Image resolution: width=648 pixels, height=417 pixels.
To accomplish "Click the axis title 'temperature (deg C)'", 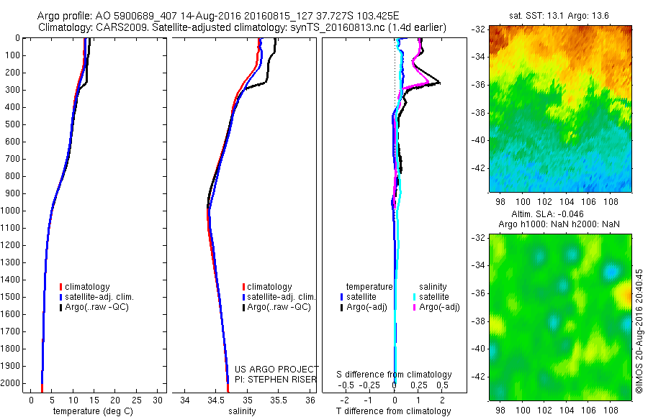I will [x=91, y=411].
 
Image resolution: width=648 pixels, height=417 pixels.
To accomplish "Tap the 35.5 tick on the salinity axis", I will [x=278, y=400].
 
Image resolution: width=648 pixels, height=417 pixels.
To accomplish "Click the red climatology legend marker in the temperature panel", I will [x=61, y=287].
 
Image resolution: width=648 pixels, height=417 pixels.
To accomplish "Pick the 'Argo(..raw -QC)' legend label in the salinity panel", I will [x=279, y=307].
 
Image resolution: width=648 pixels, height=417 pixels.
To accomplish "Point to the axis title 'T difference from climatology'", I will [x=393, y=411].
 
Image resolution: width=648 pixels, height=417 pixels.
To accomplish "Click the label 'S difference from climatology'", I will [x=395, y=375].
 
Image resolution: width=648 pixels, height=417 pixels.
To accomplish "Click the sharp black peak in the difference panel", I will [x=438, y=83].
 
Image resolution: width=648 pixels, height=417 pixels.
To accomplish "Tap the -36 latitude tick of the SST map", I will [x=479, y=84].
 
